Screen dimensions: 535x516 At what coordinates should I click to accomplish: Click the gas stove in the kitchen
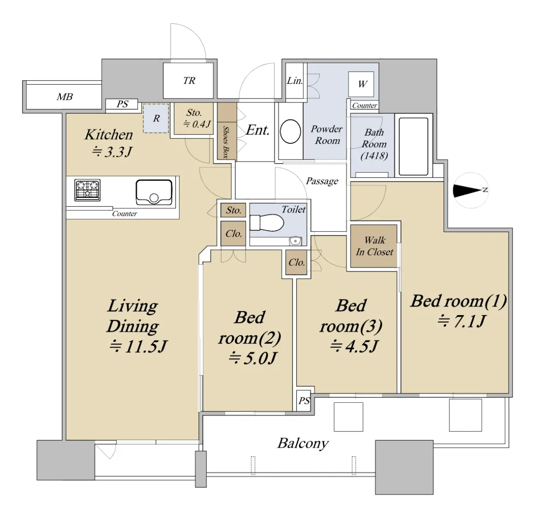point(87,190)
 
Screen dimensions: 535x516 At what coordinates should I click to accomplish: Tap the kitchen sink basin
point(154,192)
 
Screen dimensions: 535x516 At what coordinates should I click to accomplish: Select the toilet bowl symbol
point(267,222)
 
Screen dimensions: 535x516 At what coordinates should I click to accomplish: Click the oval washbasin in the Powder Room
point(290,131)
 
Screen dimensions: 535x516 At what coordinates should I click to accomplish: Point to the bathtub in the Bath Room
point(413,147)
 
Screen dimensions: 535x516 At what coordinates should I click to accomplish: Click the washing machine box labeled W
point(361,84)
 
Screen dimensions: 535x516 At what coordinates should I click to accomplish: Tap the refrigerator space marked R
point(156,119)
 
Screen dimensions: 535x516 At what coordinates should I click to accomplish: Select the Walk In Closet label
point(374,246)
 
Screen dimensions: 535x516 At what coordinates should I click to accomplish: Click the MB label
point(65,97)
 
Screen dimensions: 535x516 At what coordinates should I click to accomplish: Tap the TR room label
point(189,81)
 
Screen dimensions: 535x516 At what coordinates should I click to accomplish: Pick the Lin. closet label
point(295,81)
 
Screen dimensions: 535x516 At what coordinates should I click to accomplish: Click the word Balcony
point(303,443)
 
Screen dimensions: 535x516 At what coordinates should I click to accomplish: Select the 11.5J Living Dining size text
point(138,346)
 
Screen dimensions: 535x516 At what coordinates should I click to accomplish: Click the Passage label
point(322,181)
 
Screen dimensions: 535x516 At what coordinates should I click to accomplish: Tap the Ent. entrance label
point(258,130)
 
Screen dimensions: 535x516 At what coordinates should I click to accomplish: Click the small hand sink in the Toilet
point(296,241)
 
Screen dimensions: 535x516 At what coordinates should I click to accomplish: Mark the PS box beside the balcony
point(304,401)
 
